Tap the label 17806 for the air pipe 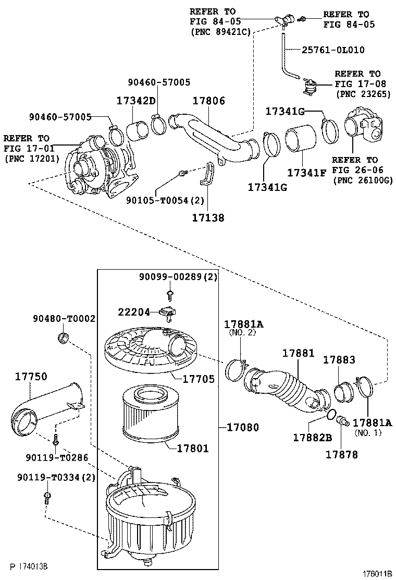tap(209, 101)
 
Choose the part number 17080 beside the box tap(242, 427)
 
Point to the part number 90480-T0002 tap(64, 318)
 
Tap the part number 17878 tap(342, 454)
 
